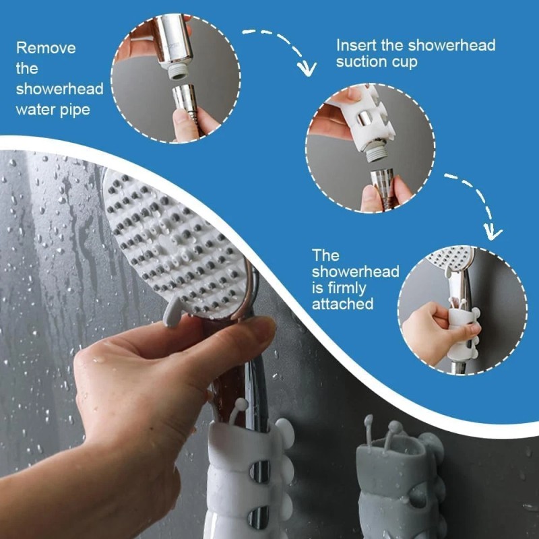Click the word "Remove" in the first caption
click(46, 49)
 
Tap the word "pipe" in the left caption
click(72, 109)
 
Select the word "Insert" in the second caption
click(357, 45)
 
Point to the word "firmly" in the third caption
click(334, 288)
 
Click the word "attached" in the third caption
click(342, 305)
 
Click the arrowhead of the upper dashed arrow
click(309, 68)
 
